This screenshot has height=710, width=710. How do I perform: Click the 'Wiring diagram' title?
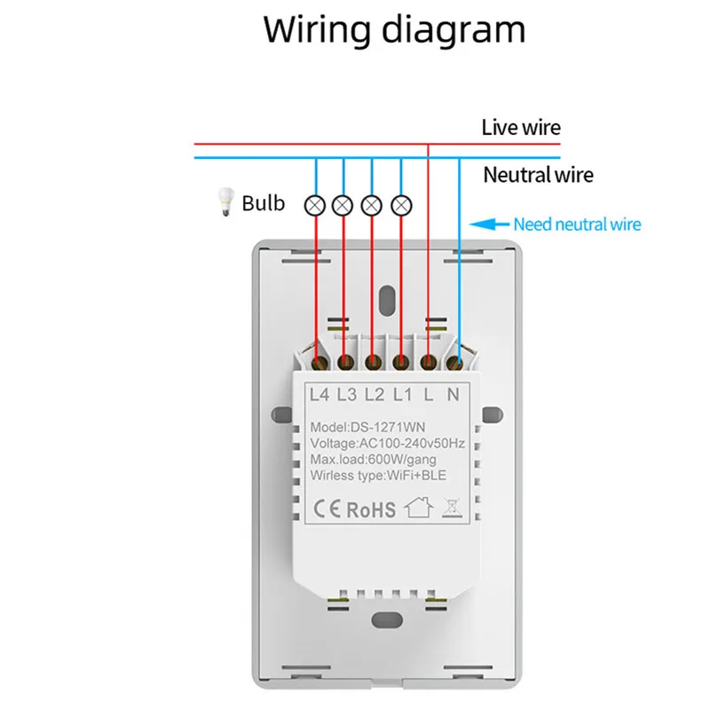coord(394,30)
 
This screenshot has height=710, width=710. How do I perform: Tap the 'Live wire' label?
coord(521,127)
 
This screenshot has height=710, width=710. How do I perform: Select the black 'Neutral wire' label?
coord(538,175)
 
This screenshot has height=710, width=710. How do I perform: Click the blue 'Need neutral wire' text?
coord(577,225)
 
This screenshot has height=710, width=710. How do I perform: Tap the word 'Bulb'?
coord(264,203)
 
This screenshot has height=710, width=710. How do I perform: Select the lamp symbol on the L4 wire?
coord(314,205)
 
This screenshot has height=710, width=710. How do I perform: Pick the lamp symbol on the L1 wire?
coord(401,205)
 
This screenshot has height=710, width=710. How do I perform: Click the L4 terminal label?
coord(318,392)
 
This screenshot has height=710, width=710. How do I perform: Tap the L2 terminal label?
coord(374,392)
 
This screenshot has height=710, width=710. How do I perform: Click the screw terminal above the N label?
coord(455,362)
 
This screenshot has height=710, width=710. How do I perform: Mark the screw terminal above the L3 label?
coord(345,362)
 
